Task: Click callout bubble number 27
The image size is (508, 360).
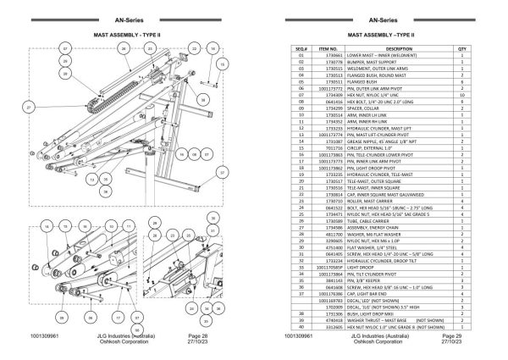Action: pos(29,108)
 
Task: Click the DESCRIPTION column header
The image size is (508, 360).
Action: pos(399,50)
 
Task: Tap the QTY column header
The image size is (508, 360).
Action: pos(461,50)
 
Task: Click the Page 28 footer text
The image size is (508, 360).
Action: pos(192,337)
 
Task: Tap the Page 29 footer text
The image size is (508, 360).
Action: pos(461,337)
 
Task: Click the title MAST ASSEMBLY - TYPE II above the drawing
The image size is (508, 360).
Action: pos(126,36)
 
